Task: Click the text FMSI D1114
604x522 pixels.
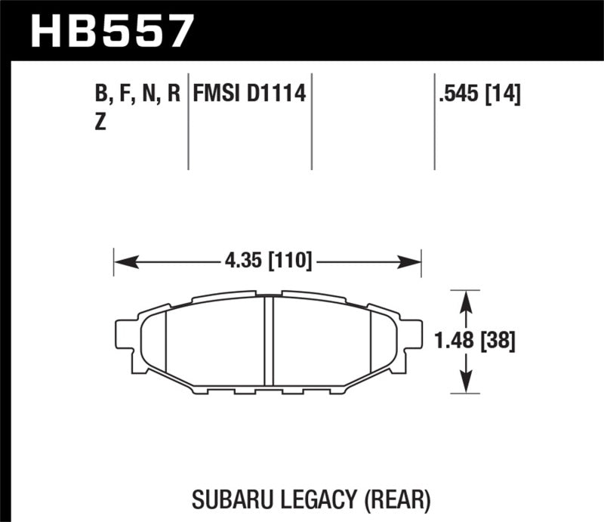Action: (248, 95)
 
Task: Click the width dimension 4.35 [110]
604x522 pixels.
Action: (267, 263)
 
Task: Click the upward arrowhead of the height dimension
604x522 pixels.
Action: (467, 299)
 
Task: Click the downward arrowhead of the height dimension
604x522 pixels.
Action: (467, 385)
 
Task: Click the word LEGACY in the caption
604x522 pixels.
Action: (313, 499)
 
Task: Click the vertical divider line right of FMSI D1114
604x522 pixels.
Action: (312, 121)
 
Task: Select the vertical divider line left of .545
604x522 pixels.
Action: (434, 121)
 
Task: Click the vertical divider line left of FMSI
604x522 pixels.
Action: (188, 121)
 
